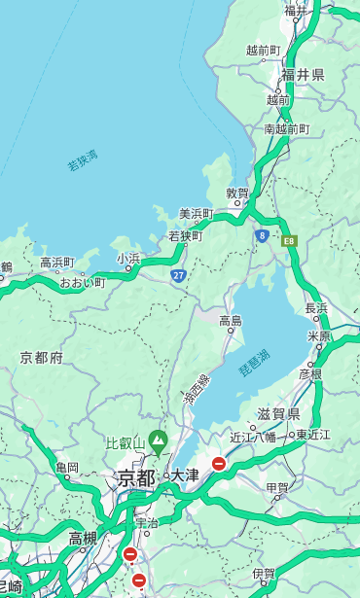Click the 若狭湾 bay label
83,160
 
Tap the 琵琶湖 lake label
255,365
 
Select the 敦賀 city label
238,193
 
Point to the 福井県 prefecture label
303,75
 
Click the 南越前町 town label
286,128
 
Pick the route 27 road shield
178,276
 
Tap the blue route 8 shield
262,235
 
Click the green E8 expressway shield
289,240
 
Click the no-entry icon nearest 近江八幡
219,464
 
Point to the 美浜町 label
196,214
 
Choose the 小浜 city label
128,259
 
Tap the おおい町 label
83,283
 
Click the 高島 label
231,321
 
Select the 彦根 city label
310,373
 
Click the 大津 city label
185,476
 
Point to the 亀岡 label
67,469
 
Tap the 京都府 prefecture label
42,358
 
